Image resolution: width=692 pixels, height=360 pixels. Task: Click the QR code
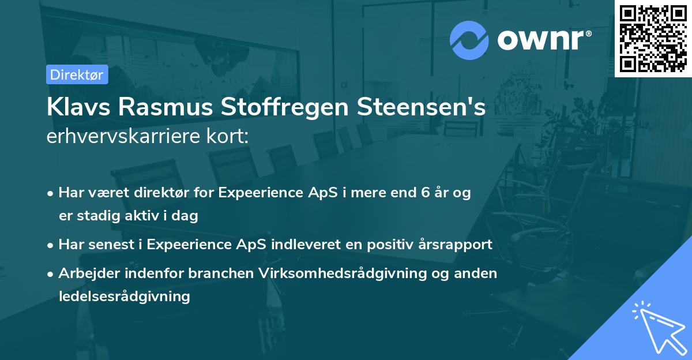(x=653, y=38)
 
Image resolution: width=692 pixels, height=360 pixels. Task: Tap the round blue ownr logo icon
(x=469, y=40)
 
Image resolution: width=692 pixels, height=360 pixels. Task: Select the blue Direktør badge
(x=77, y=74)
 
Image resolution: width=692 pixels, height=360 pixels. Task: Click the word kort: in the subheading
(x=230, y=137)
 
